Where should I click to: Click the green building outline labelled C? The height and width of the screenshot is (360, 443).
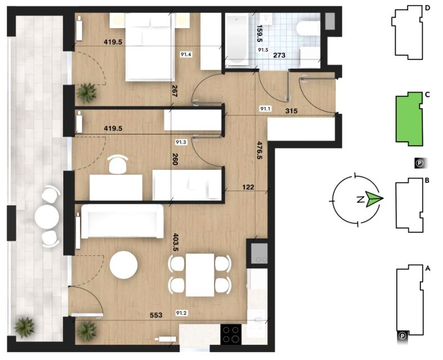tap(409, 119)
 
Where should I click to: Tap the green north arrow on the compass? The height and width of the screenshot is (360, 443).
tap(374, 199)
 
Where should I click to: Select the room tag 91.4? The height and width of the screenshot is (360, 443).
tap(186, 55)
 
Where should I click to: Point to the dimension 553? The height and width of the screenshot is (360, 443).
tap(156, 315)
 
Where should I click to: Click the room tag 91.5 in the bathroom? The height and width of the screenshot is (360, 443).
tap(263, 50)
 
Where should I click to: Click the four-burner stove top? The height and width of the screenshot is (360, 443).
tap(231, 334)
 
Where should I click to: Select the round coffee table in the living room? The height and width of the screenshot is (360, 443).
tap(124, 265)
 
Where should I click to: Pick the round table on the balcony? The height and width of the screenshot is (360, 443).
tap(47, 217)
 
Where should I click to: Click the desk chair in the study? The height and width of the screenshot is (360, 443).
tap(118, 164)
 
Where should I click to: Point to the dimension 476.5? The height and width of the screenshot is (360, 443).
tap(259, 150)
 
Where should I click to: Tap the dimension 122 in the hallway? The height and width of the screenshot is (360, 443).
tap(248, 187)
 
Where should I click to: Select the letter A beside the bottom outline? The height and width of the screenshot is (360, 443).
tap(428, 268)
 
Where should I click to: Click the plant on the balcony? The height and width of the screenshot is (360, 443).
tap(25, 327)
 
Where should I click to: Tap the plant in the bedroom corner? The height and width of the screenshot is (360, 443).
tap(87, 93)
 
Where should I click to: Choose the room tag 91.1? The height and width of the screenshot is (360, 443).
tap(265, 109)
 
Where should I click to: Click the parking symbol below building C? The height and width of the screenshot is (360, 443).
tap(420, 163)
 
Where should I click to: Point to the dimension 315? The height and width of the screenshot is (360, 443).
tap(291, 111)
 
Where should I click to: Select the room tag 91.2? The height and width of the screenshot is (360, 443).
tap(181, 313)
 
